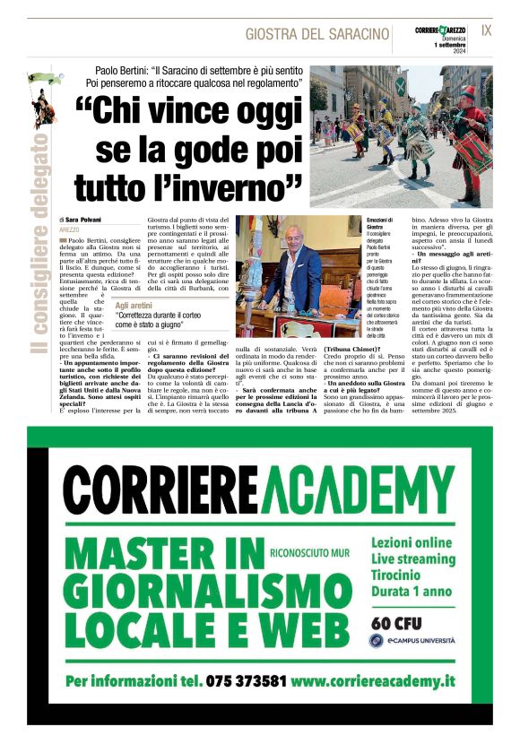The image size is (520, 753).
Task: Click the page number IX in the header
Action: pyautogui.click(x=487, y=30)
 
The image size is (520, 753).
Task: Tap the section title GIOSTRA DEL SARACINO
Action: pyautogui.click(x=317, y=34)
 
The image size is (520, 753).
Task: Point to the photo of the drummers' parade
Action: pyautogui.click(x=400, y=134)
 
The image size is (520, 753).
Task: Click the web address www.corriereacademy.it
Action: pyautogui.click(x=373, y=680)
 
